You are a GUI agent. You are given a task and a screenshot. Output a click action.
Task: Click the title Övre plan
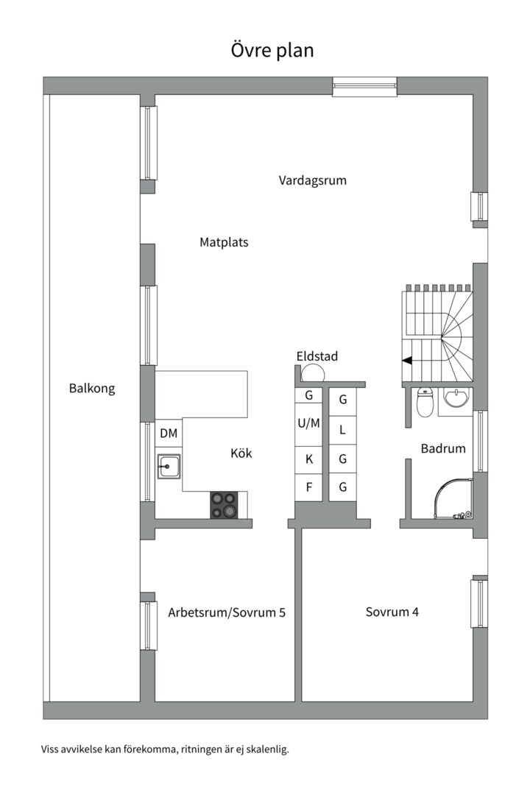click(x=272, y=50)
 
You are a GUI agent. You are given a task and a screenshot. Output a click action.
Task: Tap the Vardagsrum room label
click(x=312, y=180)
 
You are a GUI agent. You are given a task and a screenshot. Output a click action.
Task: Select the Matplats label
click(x=224, y=242)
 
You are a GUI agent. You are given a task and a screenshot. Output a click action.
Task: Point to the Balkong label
click(x=92, y=389)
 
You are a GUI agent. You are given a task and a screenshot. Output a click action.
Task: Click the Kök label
click(x=241, y=453)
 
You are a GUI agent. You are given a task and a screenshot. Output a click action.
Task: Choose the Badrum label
click(x=443, y=448)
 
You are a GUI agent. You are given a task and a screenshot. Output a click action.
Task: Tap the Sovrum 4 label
click(x=392, y=612)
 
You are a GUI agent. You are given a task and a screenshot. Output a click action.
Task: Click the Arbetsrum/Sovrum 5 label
click(x=226, y=612)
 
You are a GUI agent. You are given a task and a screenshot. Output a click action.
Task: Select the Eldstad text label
click(x=317, y=356)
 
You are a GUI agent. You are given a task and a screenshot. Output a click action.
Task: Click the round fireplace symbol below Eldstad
click(x=311, y=373)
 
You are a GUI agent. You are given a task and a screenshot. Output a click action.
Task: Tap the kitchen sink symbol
click(x=169, y=466)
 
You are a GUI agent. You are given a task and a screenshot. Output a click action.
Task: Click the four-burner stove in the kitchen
click(x=225, y=505)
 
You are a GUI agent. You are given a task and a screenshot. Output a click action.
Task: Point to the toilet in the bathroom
click(x=425, y=403)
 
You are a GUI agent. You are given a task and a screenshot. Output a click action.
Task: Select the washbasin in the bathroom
click(x=456, y=398)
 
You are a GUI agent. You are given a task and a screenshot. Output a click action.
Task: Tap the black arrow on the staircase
click(x=406, y=361)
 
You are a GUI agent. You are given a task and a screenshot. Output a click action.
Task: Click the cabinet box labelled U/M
click(x=308, y=423)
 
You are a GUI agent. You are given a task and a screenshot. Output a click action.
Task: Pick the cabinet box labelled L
click(x=342, y=430)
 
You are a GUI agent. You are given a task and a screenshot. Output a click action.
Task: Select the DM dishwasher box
click(x=169, y=434)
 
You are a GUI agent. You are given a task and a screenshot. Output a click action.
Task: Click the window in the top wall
click(x=364, y=86)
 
